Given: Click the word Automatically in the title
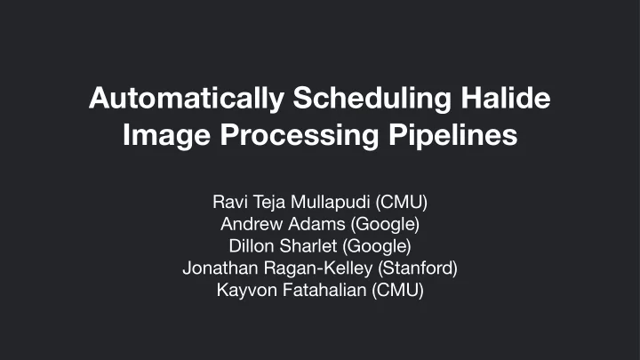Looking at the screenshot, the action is click(x=187, y=100).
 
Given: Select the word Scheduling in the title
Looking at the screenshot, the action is click(x=372, y=100).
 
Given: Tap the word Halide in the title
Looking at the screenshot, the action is click(x=506, y=98).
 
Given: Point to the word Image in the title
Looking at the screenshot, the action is click(x=166, y=136).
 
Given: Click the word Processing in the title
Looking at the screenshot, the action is click(x=300, y=136).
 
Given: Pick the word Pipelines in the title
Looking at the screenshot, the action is click(x=453, y=135).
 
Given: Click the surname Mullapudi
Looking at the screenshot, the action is click(x=331, y=202).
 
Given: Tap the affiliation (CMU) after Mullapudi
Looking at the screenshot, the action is click(x=401, y=202).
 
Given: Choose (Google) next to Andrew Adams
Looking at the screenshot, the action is click(x=385, y=225).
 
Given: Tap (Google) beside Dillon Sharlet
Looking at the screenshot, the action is click(x=377, y=246).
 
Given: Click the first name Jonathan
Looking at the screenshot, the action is click(x=220, y=268).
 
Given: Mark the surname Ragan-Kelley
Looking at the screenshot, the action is click(x=318, y=268).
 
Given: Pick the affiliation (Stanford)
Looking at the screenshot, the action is click(x=418, y=268).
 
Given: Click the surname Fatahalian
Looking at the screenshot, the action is click(x=324, y=290).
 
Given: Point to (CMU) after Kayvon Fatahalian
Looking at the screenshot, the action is click(x=397, y=290).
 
